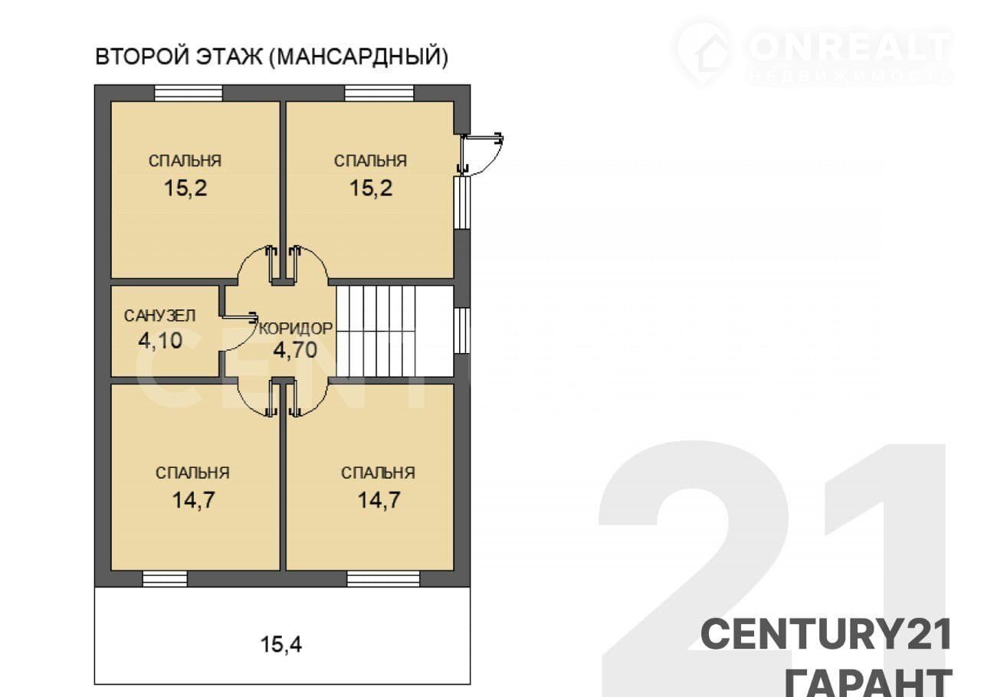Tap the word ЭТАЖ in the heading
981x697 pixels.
pyautogui.click(x=229, y=57)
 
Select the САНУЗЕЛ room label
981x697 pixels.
pyautogui.click(x=159, y=316)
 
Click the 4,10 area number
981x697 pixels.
pyautogui.click(x=160, y=340)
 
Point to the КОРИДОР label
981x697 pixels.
pyautogui.click(x=296, y=329)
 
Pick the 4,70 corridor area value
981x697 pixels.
pyautogui.click(x=295, y=350)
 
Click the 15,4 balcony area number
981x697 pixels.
pyautogui.click(x=281, y=644)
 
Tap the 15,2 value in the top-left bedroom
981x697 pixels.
pyautogui.click(x=185, y=188)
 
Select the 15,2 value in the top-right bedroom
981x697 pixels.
pyautogui.click(x=371, y=188)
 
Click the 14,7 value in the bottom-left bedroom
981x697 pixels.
pyautogui.click(x=193, y=500)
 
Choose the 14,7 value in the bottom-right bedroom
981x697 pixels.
pyautogui.click(x=379, y=500)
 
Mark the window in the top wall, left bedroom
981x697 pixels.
pyautogui.click(x=189, y=93)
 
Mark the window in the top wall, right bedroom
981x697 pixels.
pyautogui.click(x=379, y=93)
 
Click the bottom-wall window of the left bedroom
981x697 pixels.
pyautogui.click(x=165, y=578)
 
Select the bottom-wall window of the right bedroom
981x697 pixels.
pyautogui.click(x=384, y=578)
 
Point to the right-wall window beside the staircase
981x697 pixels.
pyautogui.click(x=461, y=331)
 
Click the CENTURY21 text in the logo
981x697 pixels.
pyautogui.click(x=826, y=634)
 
